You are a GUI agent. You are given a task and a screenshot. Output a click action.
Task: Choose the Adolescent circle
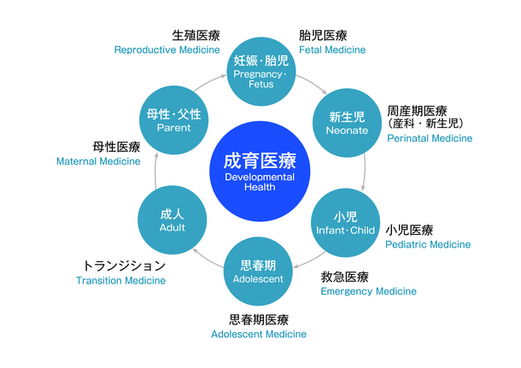pos(257,271)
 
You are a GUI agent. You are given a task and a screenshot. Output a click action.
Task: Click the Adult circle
pos(173,220)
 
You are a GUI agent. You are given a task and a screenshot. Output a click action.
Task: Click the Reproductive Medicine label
pos(167,50)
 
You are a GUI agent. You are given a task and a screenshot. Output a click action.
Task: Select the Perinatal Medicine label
pos(430,137)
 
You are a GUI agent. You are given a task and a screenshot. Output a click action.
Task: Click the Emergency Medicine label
pos(368,291)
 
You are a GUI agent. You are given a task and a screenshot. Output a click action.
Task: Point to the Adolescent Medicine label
pos(259,334)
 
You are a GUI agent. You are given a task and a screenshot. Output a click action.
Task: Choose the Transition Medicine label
pos(120,280)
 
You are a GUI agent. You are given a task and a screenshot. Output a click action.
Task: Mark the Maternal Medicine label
pos(98,161)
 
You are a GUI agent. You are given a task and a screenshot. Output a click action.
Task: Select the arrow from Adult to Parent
pos(155,171)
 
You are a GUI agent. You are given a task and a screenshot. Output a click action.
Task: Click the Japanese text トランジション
pos(124,266)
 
